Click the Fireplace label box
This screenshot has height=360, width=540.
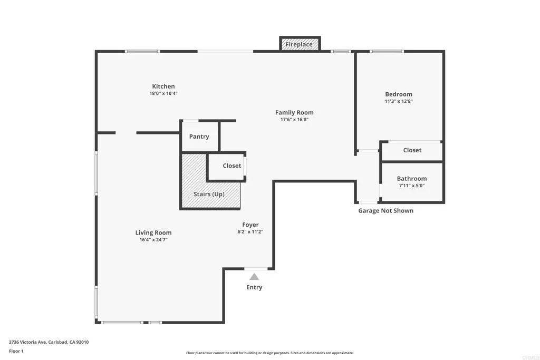click(x=299, y=45)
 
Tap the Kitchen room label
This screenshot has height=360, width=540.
click(x=163, y=86)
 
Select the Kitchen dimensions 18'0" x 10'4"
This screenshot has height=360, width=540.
click(x=163, y=94)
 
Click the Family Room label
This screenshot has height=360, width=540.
click(x=294, y=112)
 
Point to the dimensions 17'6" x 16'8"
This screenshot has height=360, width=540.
click(x=294, y=120)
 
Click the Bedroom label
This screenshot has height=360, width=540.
click(x=399, y=94)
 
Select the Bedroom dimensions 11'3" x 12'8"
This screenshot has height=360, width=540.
click(x=399, y=102)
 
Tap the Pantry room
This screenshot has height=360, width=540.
click(x=199, y=137)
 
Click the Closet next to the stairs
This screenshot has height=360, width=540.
click(x=232, y=166)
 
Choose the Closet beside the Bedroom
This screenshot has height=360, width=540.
click(x=412, y=150)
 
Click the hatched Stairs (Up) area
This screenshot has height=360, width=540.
click(x=209, y=194)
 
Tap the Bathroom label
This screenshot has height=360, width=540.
click(x=412, y=179)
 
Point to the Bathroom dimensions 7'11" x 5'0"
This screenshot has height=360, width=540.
click(x=412, y=186)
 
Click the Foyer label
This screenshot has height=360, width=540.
click(x=250, y=225)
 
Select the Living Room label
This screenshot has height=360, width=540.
click(x=153, y=232)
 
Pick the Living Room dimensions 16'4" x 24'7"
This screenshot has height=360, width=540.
click(x=153, y=240)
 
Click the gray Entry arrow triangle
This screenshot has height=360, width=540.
click(x=254, y=277)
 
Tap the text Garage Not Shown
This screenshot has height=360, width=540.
click(x=386, y=211)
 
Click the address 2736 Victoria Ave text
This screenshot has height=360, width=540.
click(x=49, y=342)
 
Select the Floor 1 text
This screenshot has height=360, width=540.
click(x=16, y=351)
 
